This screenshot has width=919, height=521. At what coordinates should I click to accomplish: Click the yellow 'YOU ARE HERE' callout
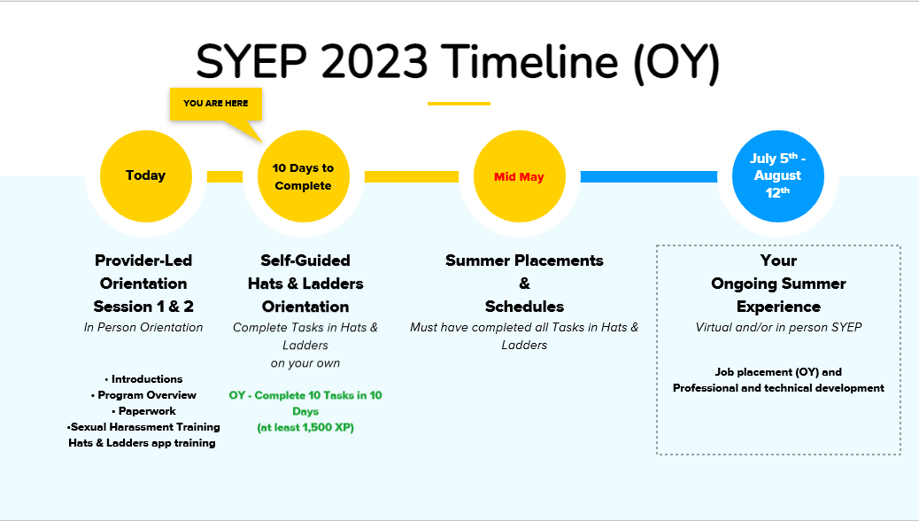coord(215,104)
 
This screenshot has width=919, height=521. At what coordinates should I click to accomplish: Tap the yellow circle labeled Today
coord(145,175)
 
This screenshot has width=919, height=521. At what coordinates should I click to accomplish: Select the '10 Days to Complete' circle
coord(303,176)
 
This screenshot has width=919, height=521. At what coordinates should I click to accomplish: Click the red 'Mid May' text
coord(519,177)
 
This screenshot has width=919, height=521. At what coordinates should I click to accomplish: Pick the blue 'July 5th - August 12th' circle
coord(778,176)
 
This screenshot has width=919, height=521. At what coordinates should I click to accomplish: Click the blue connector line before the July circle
coord(648,177)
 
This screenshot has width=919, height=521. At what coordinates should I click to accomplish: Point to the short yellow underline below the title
coord(459,104)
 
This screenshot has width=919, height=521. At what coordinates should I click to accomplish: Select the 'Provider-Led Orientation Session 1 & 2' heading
coord(143,284)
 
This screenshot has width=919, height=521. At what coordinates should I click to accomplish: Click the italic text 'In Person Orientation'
coord(143,328)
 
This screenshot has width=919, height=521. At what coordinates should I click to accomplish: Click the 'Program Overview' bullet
coord(143,395)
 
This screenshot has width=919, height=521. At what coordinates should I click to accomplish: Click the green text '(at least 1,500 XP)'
coord(305,428)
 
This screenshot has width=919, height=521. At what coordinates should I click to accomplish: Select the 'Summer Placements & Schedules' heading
coord(524,284)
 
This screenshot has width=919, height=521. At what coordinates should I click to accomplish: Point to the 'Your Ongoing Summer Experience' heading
coord(778,284)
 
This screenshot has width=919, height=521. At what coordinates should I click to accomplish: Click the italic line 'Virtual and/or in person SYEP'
coord(778,328)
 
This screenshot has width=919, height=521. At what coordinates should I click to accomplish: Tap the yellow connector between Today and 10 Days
coord(225,176)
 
